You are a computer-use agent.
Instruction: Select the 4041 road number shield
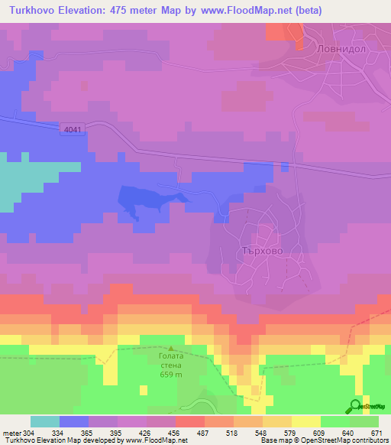[x=73, y=131]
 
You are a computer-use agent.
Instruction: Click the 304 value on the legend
[x=28, y=432]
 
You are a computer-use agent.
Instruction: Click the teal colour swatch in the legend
[x=45, y=421]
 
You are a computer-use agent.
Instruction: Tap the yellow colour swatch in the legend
[x=306, y=421]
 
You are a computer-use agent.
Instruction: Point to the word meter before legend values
[x=11, y=432]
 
